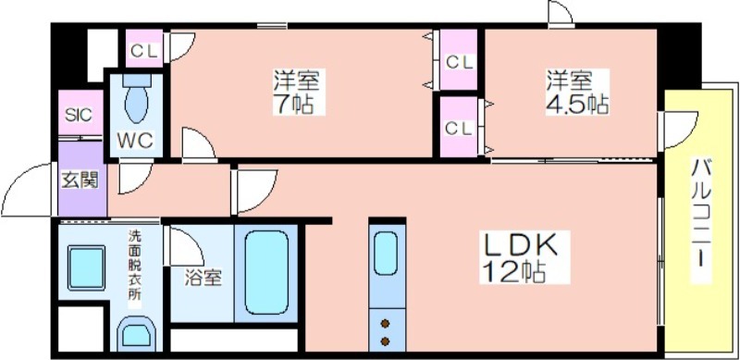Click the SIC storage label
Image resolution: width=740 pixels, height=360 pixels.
[79, 115]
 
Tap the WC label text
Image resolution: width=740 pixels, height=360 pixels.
[135, 141]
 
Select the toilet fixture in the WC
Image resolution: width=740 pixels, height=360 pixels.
[137, 98]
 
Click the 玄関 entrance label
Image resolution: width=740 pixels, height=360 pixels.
[80, 180]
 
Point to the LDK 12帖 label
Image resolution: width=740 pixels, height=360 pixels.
[524, 257]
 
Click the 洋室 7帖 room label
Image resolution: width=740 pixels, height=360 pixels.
[297, 92]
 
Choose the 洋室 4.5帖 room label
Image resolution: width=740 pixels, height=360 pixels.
[576, 92]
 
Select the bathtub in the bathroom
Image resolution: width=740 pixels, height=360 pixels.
[266, 273]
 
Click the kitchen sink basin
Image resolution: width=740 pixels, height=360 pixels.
[385, 254]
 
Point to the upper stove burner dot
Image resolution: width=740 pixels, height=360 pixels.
[386, 324]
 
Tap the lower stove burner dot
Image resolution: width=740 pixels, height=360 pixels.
[386, 341]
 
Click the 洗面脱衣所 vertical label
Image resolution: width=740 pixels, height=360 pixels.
[135, 268]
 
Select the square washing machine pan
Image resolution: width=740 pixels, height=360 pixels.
[86, 267]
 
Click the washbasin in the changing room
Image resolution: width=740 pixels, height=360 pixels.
[136, 333]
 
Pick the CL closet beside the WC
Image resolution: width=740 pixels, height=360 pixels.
[144, 49]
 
